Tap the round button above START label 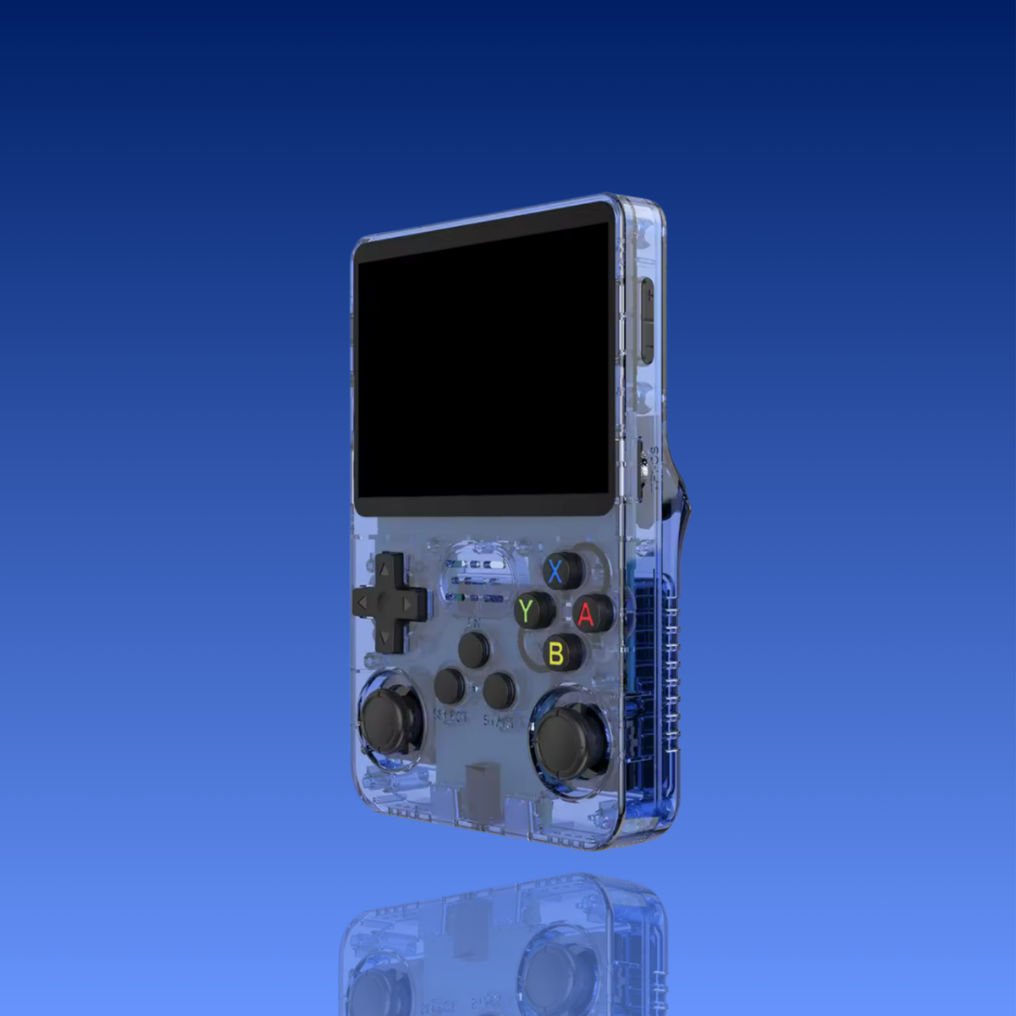click(500, 691)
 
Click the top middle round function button click(473, 649)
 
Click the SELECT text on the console click(450, 717)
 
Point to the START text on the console click(499, 722)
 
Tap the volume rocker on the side click(647, 320)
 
